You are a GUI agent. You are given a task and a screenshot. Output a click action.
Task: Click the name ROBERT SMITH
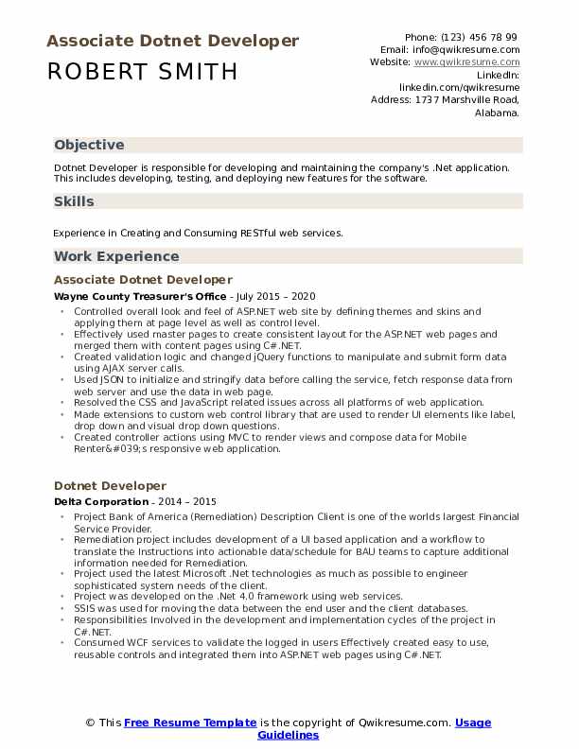pos(142,72)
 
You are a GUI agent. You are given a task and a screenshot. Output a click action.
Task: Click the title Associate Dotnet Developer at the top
pos(172,41)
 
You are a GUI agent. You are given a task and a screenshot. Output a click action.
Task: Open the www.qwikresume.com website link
pos(466,61)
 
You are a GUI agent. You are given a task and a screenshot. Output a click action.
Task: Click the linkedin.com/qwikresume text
pos(459,86)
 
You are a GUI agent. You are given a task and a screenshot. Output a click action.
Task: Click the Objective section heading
pos(89,145)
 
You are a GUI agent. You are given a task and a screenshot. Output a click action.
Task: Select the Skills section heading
pos(74,200)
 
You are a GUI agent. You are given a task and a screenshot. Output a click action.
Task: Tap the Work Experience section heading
pos(116,256)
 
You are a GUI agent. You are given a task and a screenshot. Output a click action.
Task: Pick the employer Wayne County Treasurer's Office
pos(140,296)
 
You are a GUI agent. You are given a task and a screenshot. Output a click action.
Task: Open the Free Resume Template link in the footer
pos(190,723)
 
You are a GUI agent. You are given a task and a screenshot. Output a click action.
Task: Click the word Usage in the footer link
pos(472,723)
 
